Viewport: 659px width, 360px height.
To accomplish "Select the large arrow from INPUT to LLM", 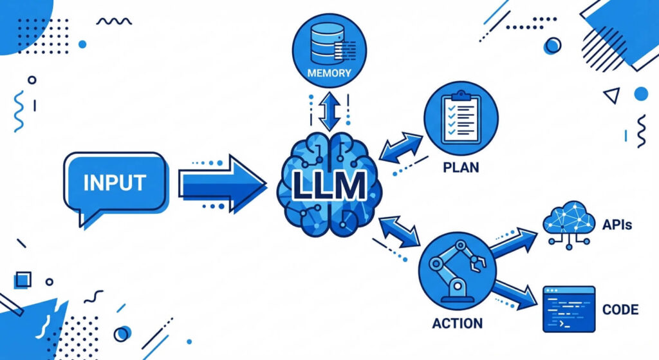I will click(221, 184).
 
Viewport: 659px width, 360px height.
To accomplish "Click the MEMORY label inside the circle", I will click(329, 73).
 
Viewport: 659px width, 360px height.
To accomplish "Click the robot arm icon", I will click(456, 270).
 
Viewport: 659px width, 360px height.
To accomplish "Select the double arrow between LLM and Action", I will click(400, 232).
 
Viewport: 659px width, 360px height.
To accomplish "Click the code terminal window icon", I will click(568, 309).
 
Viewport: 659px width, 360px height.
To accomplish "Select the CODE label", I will click(620, 310).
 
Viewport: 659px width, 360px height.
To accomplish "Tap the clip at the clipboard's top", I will click(460, 94).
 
